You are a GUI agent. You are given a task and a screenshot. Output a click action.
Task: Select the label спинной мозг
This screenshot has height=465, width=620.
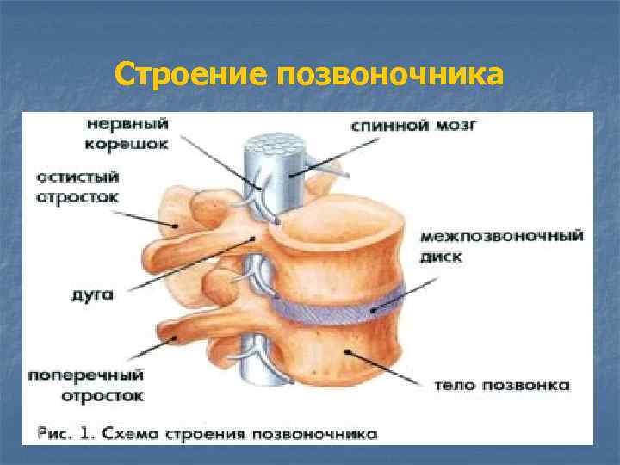(x=414, y=126)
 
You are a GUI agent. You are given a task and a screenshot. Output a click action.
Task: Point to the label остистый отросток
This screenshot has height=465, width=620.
(x=77, y=186)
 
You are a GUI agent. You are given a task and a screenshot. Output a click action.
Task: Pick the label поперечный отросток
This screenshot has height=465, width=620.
(x=85, y=386)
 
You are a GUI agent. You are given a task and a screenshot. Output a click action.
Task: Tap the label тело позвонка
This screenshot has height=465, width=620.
(x=501, y=385)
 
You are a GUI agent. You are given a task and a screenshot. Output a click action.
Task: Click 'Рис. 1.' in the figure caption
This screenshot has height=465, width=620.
(x=65, y=433)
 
